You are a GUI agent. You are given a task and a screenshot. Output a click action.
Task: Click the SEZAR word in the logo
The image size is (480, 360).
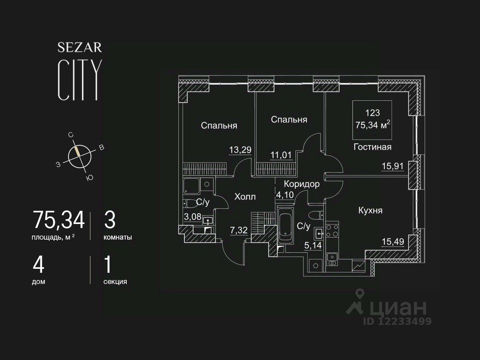(x=80, y=48)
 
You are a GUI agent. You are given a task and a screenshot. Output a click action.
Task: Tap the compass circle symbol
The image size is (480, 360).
(x=79, y=156)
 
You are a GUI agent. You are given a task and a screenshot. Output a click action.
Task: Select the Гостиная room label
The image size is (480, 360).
(x=372, y=147)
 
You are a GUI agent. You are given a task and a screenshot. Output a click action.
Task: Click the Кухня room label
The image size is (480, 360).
(x=370, y=210)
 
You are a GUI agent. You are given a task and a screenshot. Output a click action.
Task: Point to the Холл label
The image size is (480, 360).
(x=245, y=197)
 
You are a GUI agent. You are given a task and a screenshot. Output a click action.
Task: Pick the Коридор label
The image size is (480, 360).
(x=302, y=184)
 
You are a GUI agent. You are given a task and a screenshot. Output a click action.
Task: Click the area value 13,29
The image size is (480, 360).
(x=240, y=150)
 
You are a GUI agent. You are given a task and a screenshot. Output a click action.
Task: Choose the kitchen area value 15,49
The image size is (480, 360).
(x=393, y=242)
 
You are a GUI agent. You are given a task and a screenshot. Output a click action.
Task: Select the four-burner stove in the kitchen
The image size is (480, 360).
(x=332, y=230)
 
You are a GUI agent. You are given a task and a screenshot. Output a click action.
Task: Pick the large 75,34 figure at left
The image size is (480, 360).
(x=59, y=220)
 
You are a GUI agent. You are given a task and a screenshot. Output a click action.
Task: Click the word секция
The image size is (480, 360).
(x=115, y=282)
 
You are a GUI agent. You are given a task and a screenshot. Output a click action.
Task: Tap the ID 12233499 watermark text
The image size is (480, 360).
(x=397, y=321)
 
